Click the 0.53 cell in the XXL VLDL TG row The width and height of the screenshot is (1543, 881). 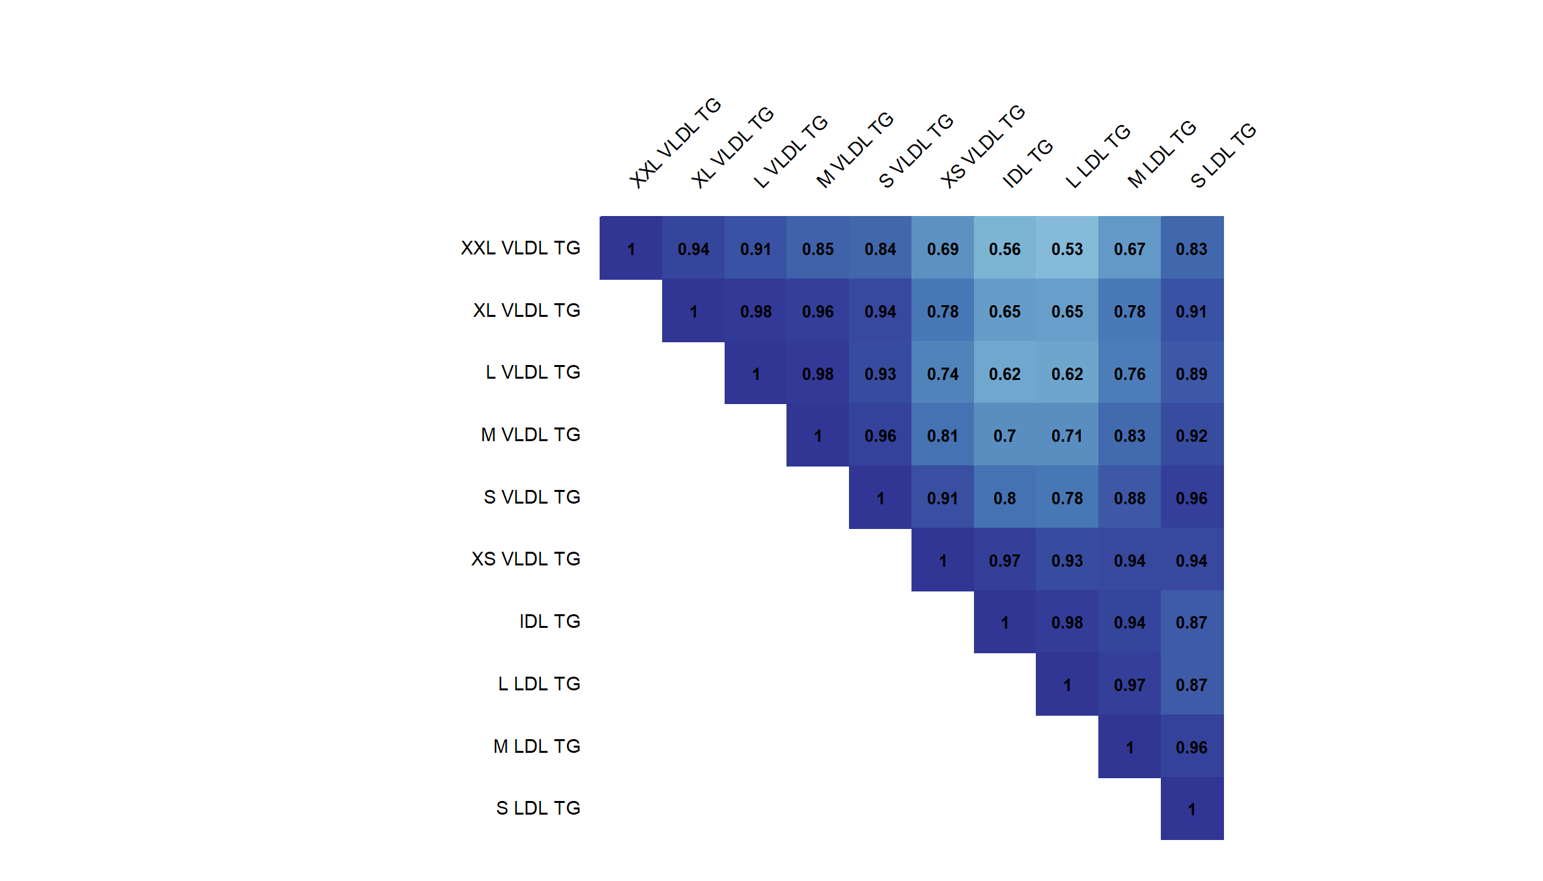point(1066,249)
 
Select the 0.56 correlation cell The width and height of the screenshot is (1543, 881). point(1005,249)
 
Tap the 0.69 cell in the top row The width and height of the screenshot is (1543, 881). point(942,249)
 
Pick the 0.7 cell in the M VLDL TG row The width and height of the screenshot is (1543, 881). point(1005,435)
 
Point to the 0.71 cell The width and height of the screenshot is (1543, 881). point(1066,435)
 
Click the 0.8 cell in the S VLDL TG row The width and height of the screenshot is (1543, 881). point(1005,498)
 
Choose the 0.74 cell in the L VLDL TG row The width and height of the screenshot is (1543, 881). point(942,373)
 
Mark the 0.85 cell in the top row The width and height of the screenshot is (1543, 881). point(818,249)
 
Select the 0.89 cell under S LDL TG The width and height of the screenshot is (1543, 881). point(1191,373)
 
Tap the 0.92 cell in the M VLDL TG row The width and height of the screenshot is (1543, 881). point(1191,435)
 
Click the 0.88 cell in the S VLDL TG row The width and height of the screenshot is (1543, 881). point(1129,498)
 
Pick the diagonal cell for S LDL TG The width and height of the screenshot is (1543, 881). point(1191,809)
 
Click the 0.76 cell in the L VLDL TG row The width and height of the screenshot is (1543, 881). point(1129,373)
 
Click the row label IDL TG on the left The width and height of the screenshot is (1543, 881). point(549,621)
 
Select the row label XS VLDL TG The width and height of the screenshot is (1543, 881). point(525,559)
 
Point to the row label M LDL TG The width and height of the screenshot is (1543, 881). point(536,746)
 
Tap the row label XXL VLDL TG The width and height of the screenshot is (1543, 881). point(520,248)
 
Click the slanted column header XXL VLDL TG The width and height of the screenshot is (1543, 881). point(675,143)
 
